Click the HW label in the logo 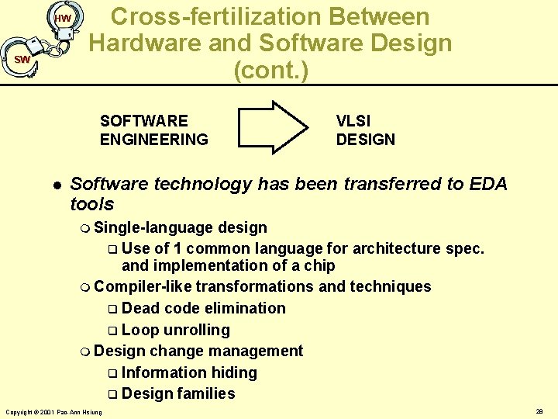[64, 18]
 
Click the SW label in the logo [22, 60]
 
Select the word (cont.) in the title [270, 71]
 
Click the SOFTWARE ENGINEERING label [153, 130]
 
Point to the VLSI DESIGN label [365, 130]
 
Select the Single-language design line [180, 227]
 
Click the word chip [319, 265]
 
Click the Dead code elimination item [203, 308]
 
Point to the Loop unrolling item [175, 330]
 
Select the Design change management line [198, 351]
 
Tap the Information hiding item [188, 372]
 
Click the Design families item [177, 393]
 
